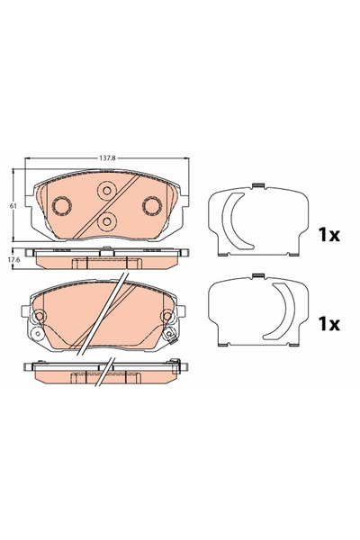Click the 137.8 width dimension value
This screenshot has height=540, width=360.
pyautogui.click(x=106, y=157)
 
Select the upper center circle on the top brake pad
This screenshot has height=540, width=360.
pyautogui.click(x=105, y=191)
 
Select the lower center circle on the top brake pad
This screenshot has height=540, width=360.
pyautogui.click(x=105, y=222)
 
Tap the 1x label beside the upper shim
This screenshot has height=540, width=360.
pyautogui.click(x=328, y=235)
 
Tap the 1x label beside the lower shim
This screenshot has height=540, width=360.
pyautogui.click(x=328, y=321)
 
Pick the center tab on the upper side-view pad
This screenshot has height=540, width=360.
pyautogui.click(x=106, y=262)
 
